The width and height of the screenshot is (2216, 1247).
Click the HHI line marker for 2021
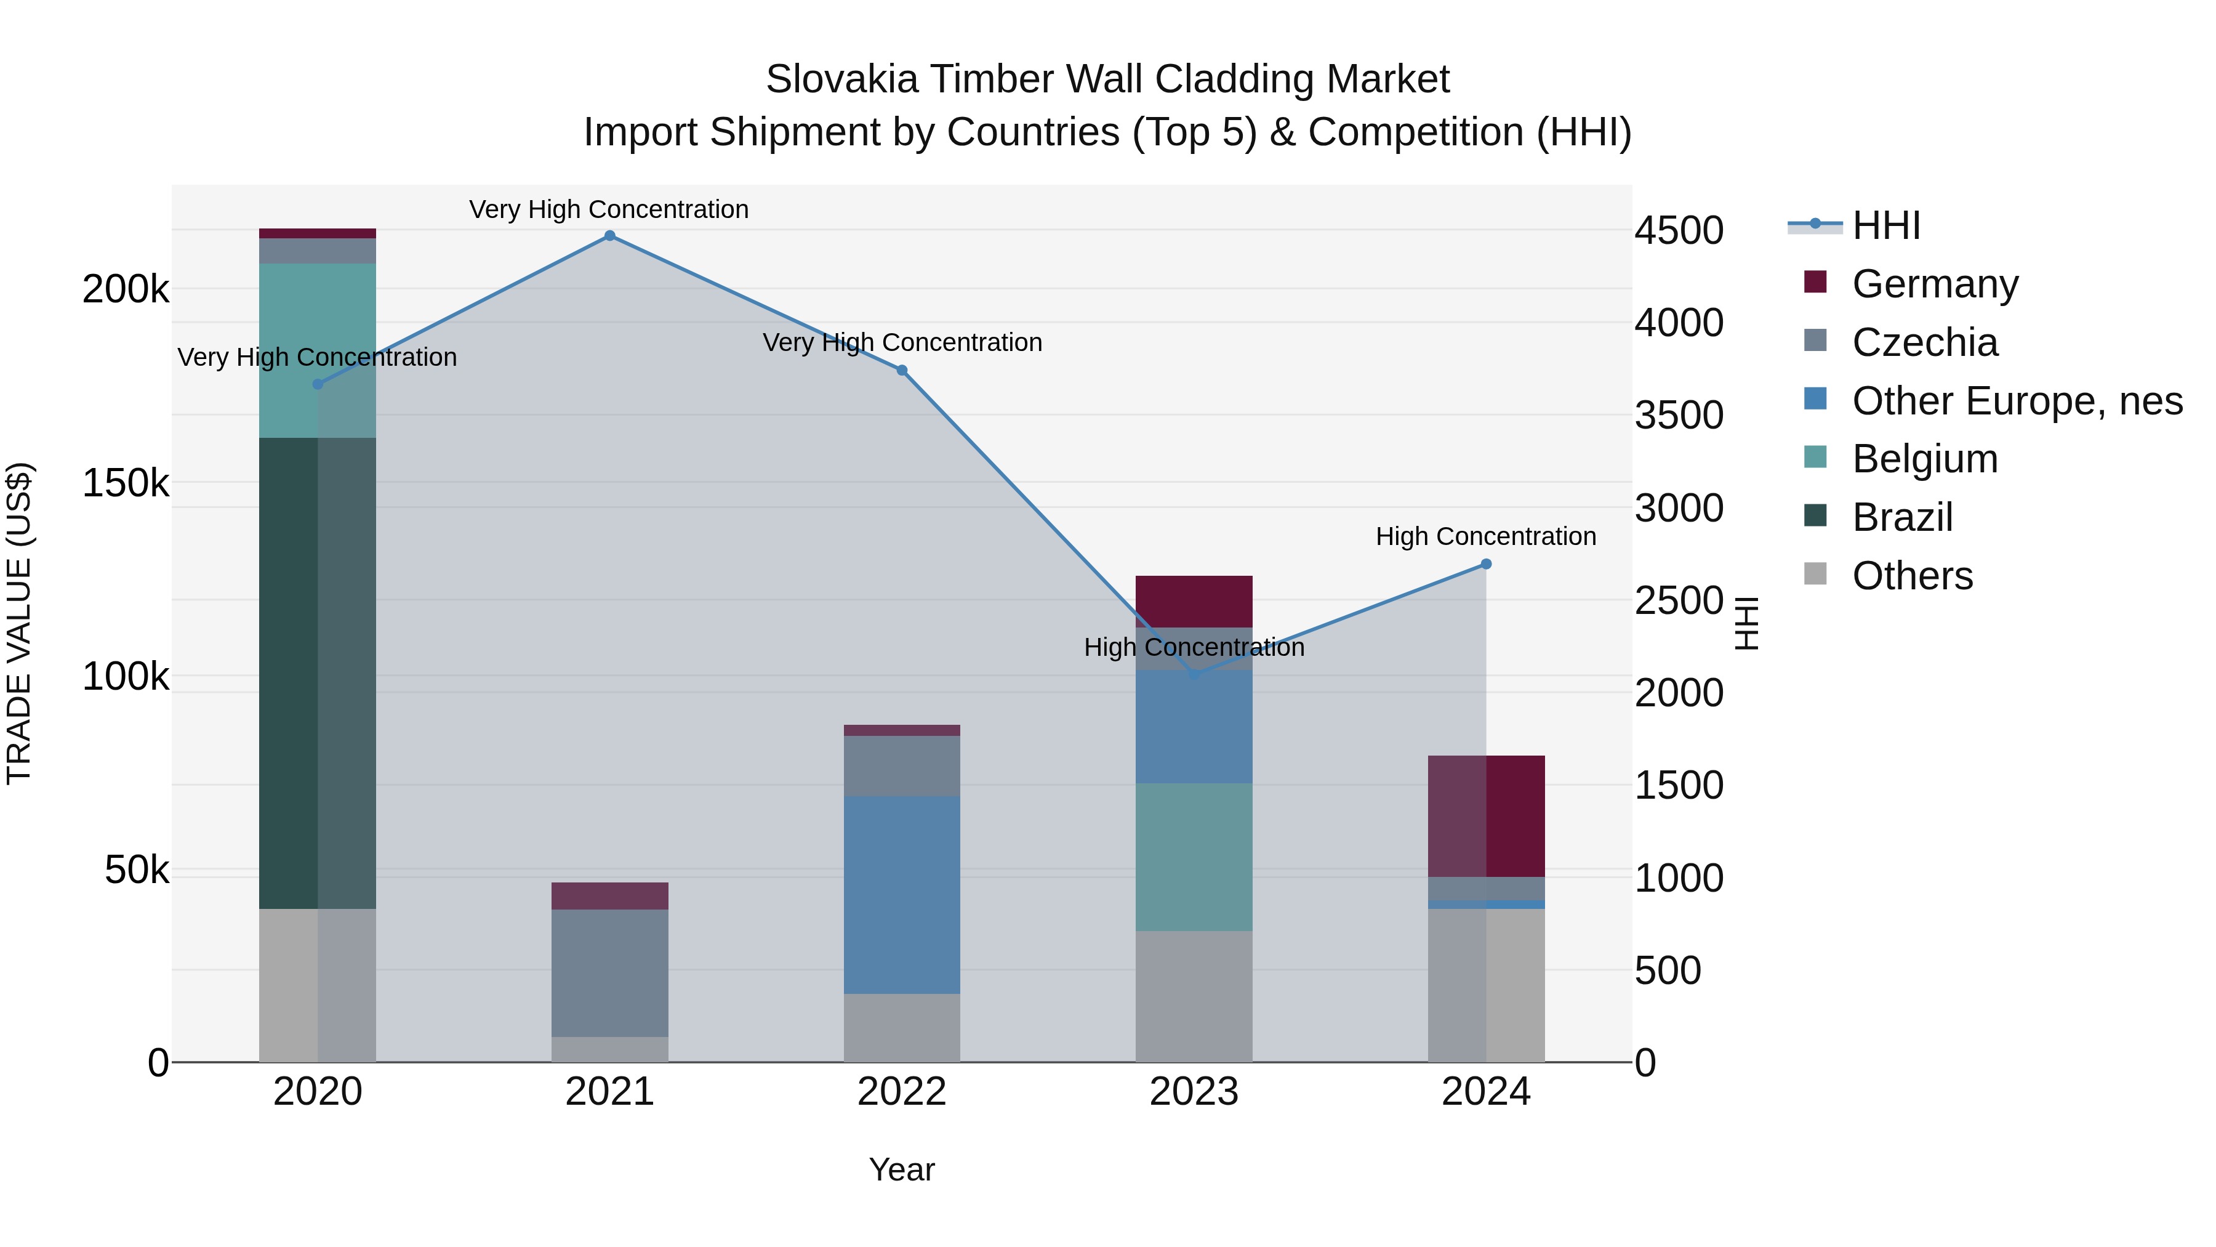coord(610,236)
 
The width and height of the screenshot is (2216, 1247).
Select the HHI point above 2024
coord(1486,565)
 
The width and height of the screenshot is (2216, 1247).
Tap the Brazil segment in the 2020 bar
coord(318,673)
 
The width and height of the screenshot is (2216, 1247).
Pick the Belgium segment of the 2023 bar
coord(1194,857)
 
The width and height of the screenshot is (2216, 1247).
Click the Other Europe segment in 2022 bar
coord(902,895)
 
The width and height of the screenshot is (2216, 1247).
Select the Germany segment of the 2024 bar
coord(1486,816)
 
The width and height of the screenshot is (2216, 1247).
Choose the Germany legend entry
coord(1934,284)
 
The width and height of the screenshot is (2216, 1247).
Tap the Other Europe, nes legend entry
coord(2017,401)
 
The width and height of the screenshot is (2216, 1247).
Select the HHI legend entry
coord(1885,225)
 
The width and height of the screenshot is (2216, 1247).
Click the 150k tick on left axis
coord(125,483)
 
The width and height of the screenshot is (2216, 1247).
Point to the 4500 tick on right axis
coord(1679,231)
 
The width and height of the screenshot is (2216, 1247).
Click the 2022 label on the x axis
coord(902,1092)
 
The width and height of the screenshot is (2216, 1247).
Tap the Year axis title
coord(902,1169)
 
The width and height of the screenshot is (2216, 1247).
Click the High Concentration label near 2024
coord(1486,536)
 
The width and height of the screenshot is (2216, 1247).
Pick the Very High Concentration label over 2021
coord(609,209)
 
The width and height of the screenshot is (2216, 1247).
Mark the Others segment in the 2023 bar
coord(1194,996)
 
